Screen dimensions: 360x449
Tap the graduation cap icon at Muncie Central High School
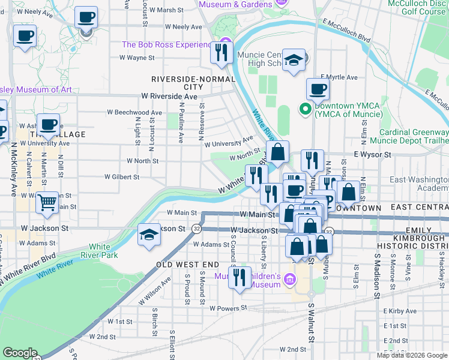293,60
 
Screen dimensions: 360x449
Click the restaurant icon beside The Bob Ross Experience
221,52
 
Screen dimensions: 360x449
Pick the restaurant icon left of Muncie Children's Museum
240,277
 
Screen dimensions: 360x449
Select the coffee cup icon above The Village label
49,124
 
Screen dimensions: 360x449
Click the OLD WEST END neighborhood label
188,264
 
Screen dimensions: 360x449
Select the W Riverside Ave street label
169,96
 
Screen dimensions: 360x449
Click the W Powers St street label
228,308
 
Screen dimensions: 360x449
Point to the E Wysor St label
372,154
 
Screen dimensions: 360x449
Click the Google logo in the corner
20,353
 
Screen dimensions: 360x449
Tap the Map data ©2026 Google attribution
412,355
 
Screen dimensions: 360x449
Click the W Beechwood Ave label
134,112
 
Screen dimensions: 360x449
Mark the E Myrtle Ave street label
339,77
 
